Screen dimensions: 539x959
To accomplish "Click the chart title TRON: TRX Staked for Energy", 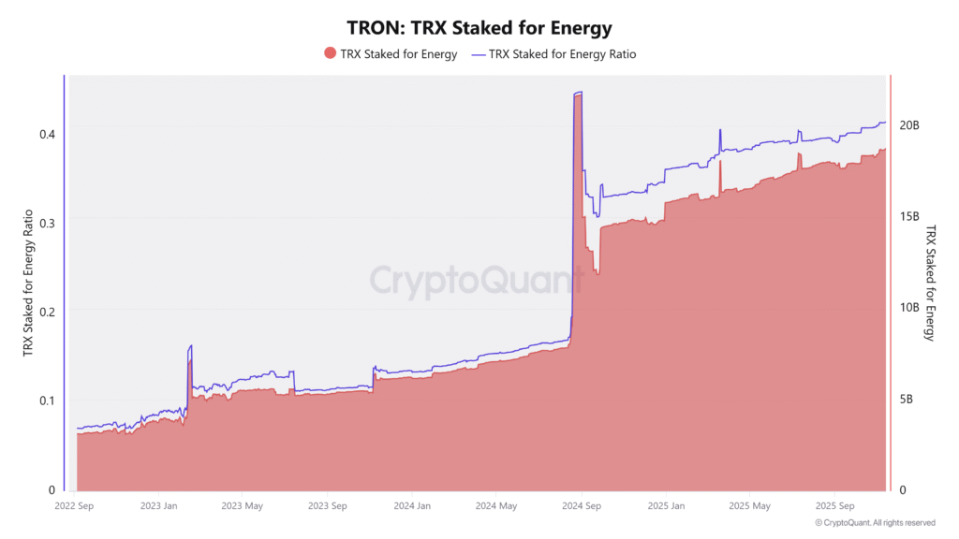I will [479, 28].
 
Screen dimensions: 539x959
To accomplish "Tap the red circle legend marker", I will [329, 53].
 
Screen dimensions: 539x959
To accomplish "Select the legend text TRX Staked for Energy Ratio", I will [563, 54].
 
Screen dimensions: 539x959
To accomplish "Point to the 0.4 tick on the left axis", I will [47, 133].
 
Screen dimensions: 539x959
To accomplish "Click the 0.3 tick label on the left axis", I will [47, 222].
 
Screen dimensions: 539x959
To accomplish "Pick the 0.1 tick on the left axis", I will [47, 401].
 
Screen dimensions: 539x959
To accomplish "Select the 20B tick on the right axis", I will [908, 125].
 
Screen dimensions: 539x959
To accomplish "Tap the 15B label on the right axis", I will [908, 216].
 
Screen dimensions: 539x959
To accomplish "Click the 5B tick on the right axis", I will [906, 400].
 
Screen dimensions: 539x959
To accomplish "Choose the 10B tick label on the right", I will [908, 308].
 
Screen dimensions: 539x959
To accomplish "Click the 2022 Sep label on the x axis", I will [75, 506].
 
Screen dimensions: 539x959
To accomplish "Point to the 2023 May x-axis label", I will [241, 506].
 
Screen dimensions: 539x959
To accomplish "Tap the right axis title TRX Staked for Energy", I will [930, 282].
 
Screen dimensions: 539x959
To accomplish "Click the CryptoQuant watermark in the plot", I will [476, 280].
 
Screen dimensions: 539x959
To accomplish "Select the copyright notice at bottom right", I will [875, 523].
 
